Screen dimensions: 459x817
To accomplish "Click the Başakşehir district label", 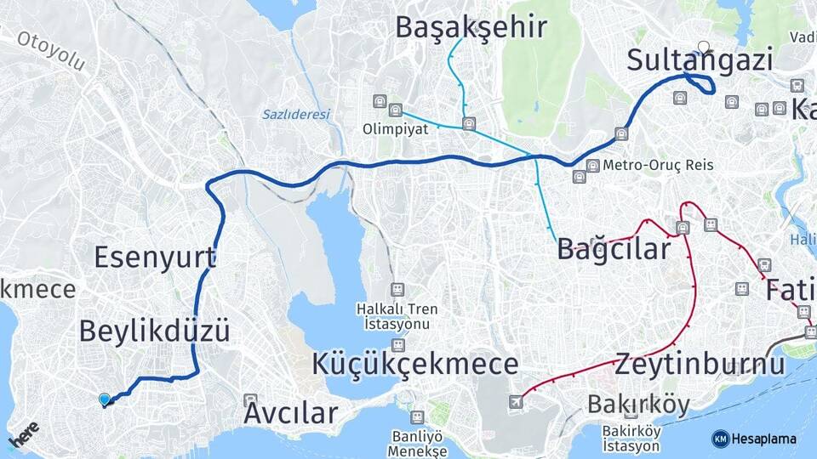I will pos(471,27).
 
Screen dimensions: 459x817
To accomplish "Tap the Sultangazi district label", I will pos(700,61).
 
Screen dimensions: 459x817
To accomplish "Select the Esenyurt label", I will pos(155,256).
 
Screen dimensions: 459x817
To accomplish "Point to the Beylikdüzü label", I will pos(154,331).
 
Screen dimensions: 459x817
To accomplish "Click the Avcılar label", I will pos(290,414).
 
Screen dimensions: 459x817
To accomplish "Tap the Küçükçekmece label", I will pos(414,364).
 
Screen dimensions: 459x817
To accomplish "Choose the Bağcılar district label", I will pos(614,249).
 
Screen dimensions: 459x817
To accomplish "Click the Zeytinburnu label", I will pos(699,364).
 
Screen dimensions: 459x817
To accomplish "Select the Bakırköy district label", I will pos(638,405).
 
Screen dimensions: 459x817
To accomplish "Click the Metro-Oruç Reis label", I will pos(658,165).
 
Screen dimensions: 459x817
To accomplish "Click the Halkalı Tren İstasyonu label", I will pos(397,316).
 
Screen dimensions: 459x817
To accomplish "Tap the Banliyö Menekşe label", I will pos(416,444).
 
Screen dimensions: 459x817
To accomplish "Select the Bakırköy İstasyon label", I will pos(631,439).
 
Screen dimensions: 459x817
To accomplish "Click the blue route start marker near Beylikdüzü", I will pos(105,399).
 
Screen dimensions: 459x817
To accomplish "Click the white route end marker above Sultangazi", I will pos(703,47).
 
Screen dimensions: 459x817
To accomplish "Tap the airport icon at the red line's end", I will pos(516,401).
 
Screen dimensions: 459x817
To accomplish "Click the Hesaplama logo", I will pos(754,439).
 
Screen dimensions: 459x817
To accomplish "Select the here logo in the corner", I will pos(23,434).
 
